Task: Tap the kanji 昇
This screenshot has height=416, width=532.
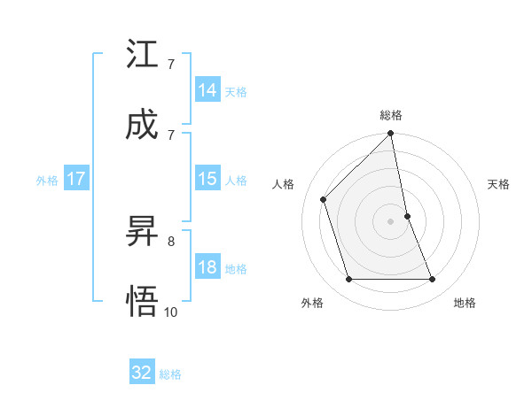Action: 142,232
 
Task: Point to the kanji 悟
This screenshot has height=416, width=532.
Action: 142,301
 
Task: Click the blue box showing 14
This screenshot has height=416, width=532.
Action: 207,90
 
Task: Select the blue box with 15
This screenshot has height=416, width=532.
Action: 207,179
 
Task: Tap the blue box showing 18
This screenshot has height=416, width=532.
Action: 207,267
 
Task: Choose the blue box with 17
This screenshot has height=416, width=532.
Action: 76,179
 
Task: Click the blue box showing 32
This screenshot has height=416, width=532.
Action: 142,373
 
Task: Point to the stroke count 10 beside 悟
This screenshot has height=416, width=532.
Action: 171,312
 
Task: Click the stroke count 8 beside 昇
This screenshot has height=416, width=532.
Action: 171,240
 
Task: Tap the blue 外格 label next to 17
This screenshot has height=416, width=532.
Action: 47,181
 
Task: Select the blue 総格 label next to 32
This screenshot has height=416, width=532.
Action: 170,374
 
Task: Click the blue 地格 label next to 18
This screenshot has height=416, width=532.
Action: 236,269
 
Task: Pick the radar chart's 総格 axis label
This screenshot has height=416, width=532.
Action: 391,115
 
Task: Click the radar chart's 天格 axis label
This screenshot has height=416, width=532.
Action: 499,184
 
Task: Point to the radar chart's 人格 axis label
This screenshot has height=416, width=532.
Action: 284,184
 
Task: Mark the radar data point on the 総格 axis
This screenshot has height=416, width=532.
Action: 391,135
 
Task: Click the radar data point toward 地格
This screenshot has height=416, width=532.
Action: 433,280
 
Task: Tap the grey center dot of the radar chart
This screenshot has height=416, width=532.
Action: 391,221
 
